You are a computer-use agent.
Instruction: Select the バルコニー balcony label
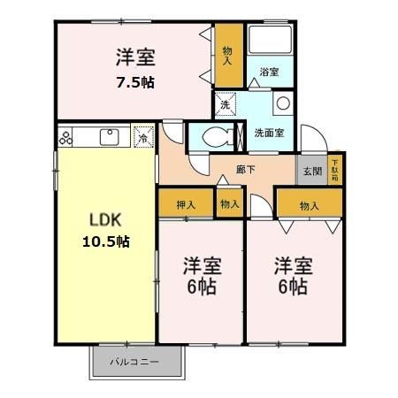coord(134,363)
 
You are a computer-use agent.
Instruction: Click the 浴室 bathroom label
coord(270,73)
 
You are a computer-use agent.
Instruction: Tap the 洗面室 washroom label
coord(268,133)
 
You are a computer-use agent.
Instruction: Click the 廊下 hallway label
coord(247,168)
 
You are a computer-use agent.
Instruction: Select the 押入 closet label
coord(186,205)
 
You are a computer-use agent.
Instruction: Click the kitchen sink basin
coord(111,137)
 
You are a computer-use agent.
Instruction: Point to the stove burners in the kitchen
coord(70,137)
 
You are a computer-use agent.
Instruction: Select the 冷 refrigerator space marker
coord(142,137)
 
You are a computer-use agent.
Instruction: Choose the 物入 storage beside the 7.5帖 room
coord(227,55)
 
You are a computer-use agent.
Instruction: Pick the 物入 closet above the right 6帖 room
coord(309,205)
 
